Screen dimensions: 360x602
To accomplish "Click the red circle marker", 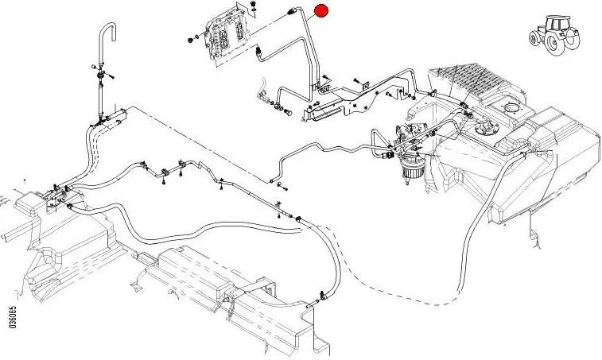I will tap(322, 10).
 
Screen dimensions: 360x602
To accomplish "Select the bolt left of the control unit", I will tap(191, 38).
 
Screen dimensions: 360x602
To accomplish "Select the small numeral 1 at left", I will tap(25, 182).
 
